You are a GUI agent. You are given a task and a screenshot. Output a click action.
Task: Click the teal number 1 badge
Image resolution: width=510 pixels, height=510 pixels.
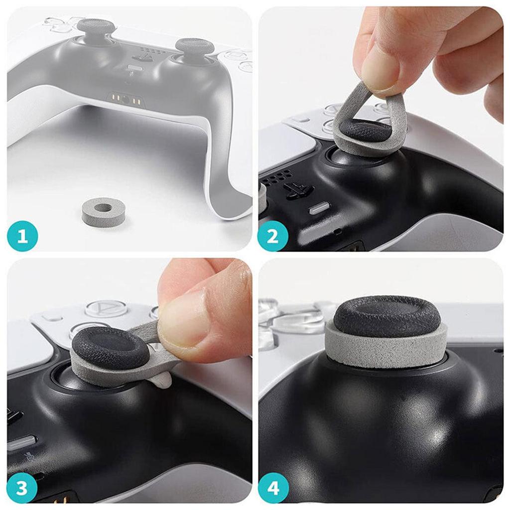[x=23, y=236]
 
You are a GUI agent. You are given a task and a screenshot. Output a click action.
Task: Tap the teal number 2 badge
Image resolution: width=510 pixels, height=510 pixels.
[x=273, y=236]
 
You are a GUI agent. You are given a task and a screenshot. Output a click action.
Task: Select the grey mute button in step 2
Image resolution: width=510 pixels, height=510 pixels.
[x=319, y=208]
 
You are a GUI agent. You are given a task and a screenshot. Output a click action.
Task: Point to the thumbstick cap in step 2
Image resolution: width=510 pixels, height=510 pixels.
[x=366, y=131]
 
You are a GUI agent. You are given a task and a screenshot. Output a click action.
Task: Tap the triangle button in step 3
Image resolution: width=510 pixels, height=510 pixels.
[x=106, y=309]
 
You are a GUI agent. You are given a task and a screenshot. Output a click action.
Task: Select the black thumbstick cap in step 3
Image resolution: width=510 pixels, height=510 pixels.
[x=111, y=348]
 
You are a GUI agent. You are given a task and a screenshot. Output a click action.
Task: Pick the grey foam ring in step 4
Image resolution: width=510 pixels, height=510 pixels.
[x=386, y=350]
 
